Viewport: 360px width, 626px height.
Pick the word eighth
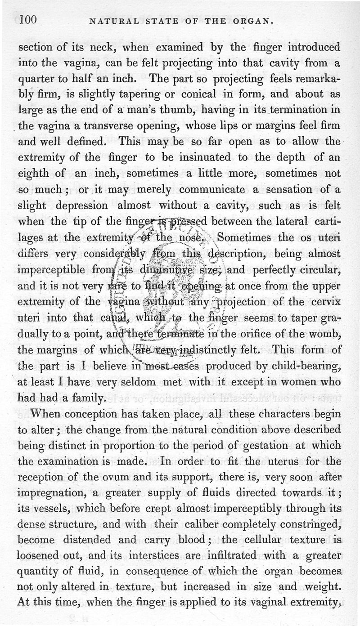(x=36, y=173)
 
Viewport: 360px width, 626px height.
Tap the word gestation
(x=260, y=446)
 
